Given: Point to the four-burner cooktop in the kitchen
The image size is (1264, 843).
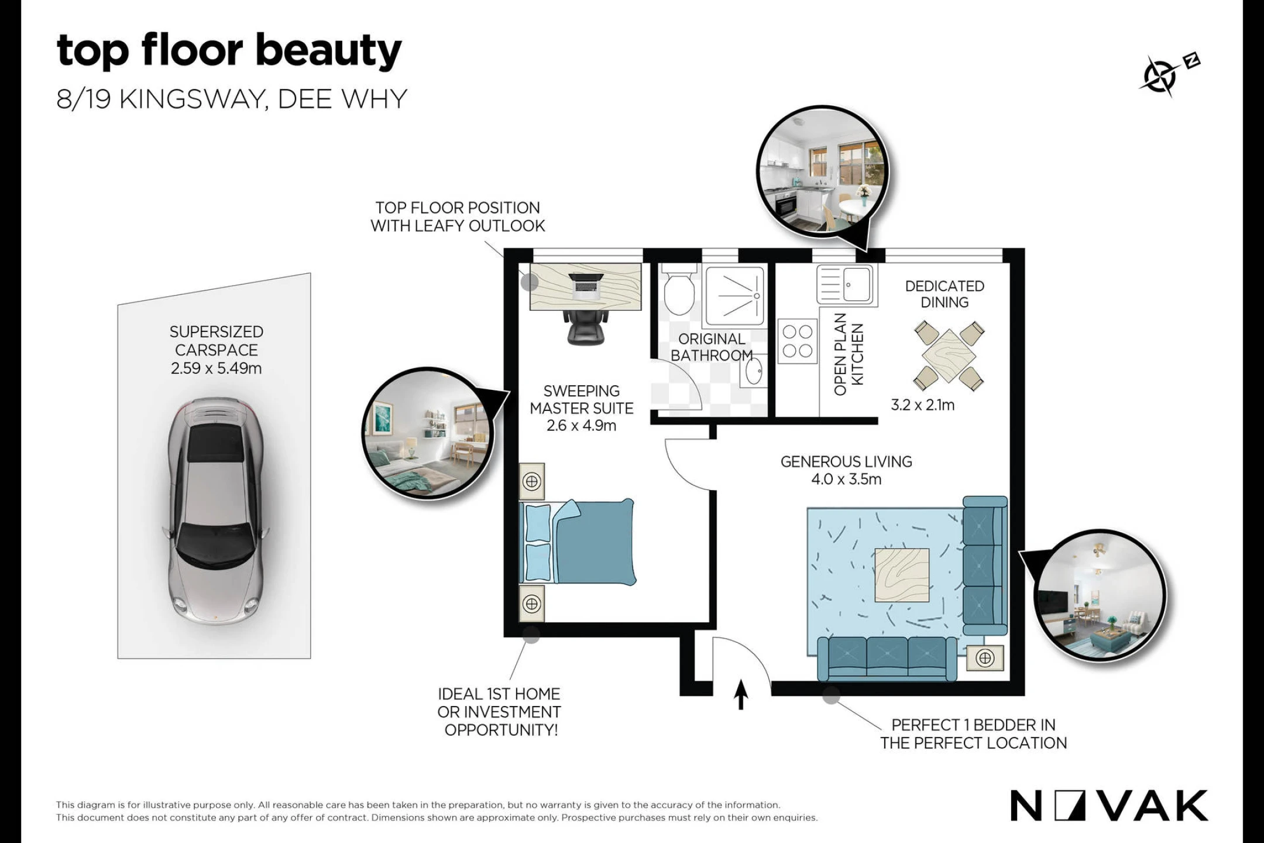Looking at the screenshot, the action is click(798, 341).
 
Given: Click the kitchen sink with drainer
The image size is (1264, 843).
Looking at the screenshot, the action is click(846, 285).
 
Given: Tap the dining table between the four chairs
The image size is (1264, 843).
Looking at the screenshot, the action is click(949, 355).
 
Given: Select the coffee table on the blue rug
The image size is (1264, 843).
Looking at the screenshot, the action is click(902, 575).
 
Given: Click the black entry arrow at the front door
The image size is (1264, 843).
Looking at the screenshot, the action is click(741, 694).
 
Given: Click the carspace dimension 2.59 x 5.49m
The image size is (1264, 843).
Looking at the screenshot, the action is click(216, 368).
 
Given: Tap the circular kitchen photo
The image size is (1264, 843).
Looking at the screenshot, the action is click(822, 172).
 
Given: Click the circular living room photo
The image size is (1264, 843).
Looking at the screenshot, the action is click(1100, 595).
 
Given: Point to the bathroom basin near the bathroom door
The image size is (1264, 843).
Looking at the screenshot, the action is click(753, 371).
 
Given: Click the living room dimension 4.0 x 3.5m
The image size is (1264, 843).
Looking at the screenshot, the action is click(846, 479).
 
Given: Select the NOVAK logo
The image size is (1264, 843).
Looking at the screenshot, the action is click(1110, 806).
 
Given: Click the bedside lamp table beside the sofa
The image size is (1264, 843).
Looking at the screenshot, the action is click(985, 659).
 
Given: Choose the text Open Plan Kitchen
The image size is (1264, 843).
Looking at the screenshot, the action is click(849, 354).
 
